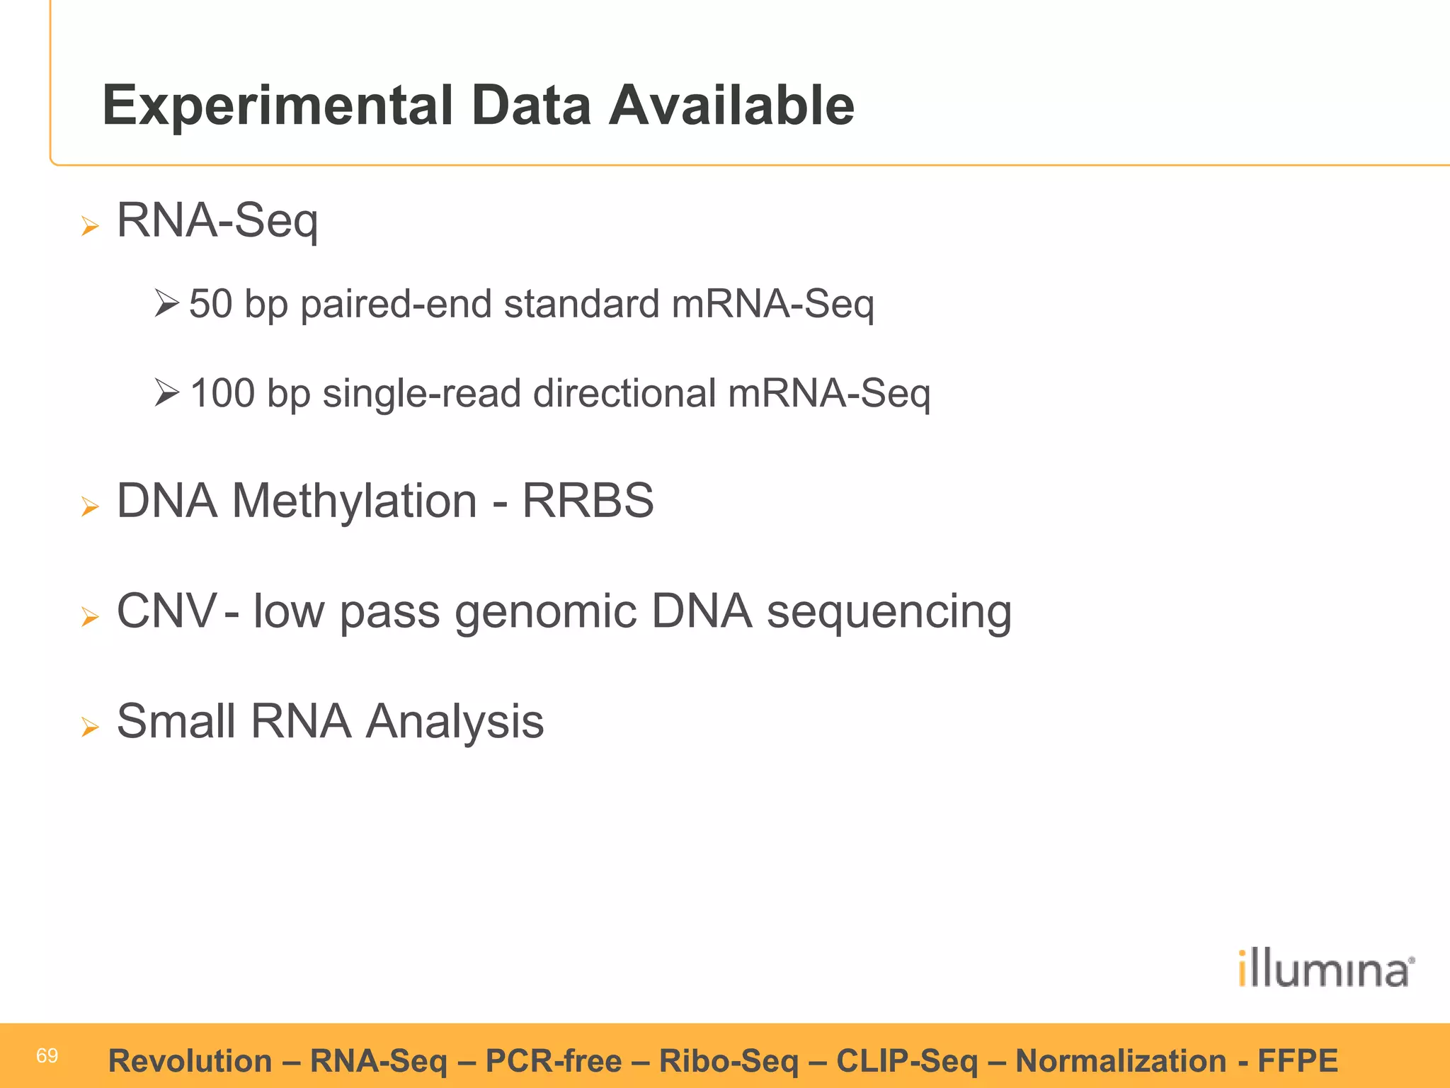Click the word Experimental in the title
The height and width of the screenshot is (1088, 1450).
[277, 106]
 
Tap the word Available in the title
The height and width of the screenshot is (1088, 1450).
[732, 106]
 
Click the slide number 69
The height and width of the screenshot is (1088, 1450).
[47, 1056]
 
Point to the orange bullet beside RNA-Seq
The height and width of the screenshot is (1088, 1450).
[90, 227]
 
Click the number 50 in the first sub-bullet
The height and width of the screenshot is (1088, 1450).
[211, 304]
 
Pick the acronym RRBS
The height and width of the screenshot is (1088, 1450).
[588, 501]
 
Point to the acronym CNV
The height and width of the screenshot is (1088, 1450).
[166, 611]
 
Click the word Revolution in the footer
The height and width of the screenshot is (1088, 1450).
[190, 1061]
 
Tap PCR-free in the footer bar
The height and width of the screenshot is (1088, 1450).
[553, 1061]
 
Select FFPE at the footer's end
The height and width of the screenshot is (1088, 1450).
[1297, 1061]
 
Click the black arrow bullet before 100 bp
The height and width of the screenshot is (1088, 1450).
[166, 392]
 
